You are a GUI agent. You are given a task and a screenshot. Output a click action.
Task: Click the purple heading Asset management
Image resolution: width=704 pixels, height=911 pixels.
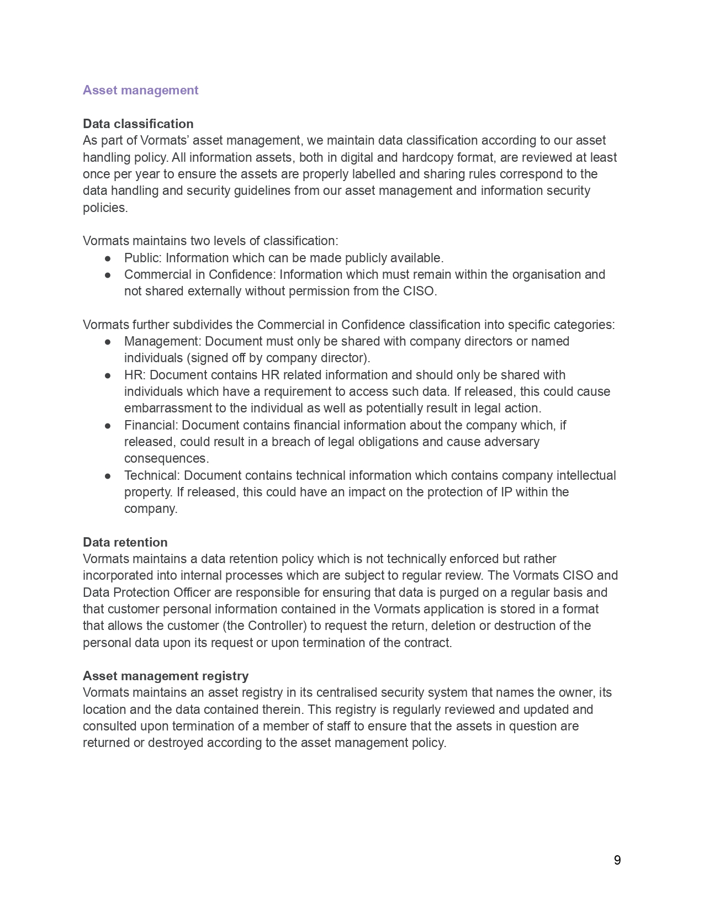pos(140,90)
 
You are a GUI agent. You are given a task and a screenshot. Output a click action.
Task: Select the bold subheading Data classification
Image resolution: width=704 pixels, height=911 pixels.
pos(138,124)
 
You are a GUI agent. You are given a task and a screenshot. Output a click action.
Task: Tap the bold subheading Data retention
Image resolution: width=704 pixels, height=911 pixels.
pos(125,542)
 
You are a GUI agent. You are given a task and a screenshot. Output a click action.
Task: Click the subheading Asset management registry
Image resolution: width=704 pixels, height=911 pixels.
pos(166,676)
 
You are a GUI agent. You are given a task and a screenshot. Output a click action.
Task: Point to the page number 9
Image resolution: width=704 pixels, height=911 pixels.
pos(617,860)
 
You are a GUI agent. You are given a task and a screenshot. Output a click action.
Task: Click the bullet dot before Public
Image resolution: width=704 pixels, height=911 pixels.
pos(108,258)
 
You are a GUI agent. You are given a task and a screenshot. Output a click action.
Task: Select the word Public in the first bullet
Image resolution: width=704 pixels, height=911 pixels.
pos(142,258)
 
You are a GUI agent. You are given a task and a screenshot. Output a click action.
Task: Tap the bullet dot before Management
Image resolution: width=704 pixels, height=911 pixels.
pos(108,342)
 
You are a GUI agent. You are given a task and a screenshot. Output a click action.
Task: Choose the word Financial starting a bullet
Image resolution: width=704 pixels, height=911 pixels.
pos(151,425)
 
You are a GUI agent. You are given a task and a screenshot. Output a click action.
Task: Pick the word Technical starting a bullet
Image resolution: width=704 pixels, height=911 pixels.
pos(152,475)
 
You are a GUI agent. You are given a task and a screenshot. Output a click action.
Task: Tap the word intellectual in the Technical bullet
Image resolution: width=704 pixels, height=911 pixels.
pos(586,475)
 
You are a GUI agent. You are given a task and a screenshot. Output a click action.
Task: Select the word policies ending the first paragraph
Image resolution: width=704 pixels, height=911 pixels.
pos(104,208)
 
